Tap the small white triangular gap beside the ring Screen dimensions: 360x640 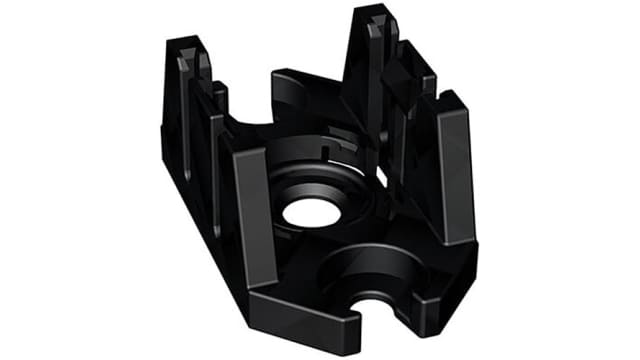[380, 181]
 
